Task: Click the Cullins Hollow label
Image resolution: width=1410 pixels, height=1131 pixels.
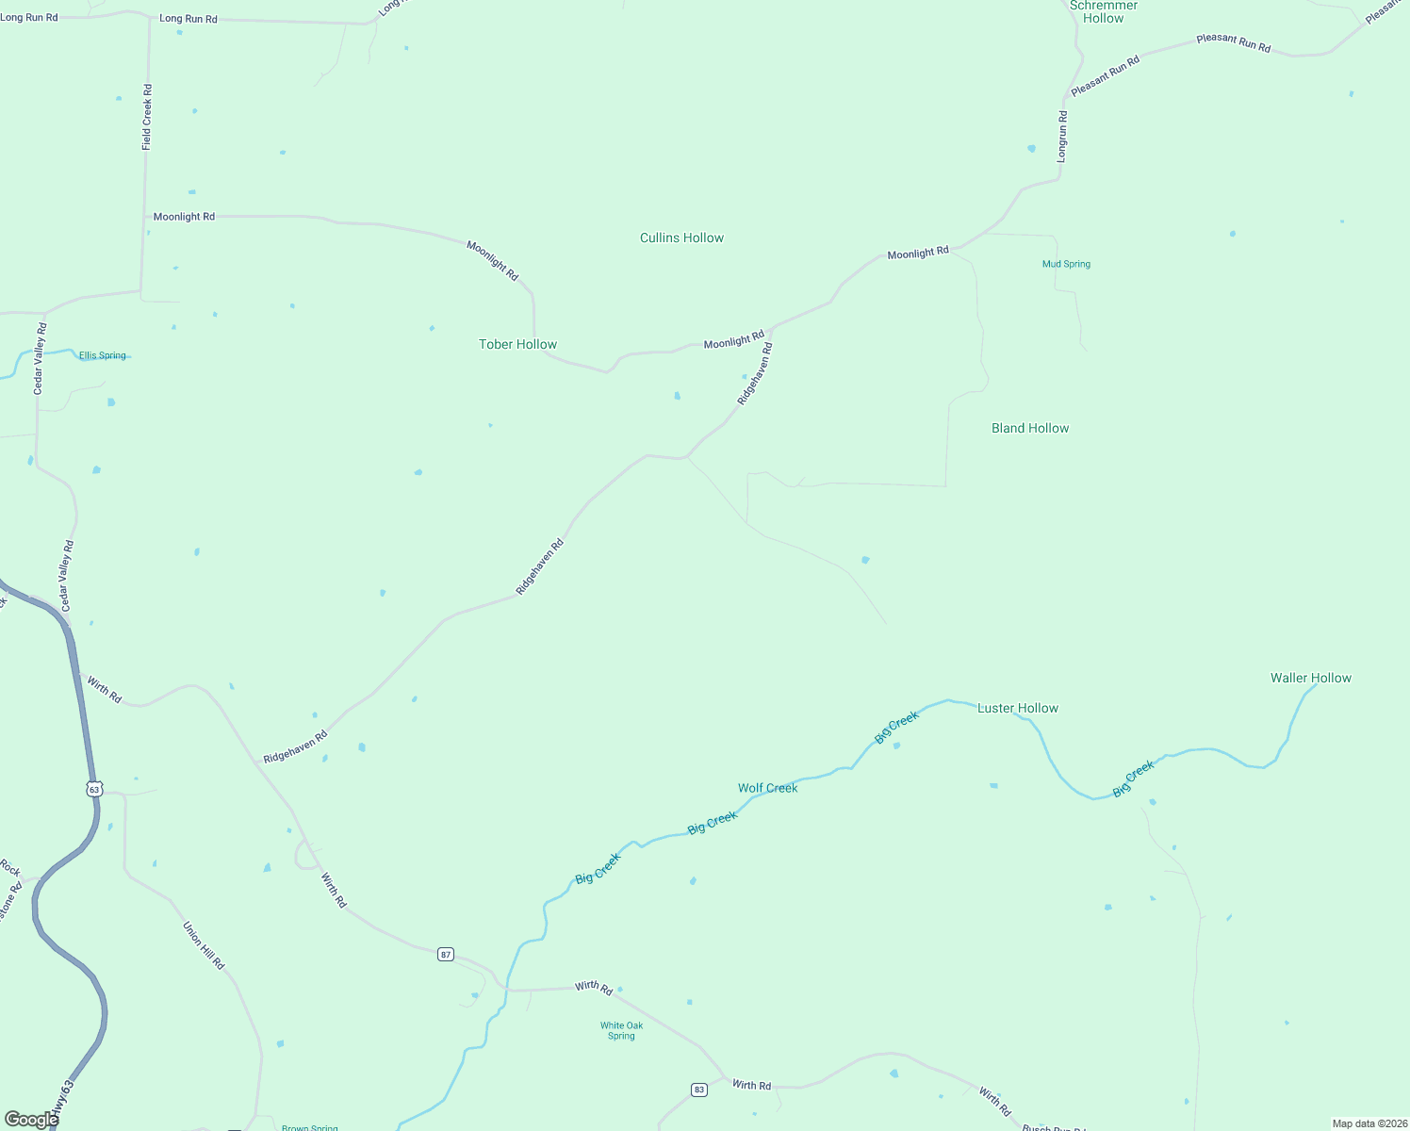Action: (681, 238)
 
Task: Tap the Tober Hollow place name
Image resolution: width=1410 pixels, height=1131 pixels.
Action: (517, 345)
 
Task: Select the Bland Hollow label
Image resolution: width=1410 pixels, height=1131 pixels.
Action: (1030, 429)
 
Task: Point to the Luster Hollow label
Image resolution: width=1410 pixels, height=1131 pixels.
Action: (1018, 709)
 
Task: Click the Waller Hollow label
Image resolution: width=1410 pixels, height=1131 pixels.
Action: (1310, 679)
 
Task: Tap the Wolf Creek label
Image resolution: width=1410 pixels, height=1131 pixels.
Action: (767, 789)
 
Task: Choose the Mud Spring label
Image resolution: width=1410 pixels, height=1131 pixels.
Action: (1066, 265)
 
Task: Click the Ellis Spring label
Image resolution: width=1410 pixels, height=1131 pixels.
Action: (102, 356)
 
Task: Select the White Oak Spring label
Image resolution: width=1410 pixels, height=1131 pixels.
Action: (621, 1031)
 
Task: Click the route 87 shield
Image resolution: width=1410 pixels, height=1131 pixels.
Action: (446, 955)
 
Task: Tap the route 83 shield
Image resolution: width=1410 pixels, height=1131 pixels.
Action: (698, 1090)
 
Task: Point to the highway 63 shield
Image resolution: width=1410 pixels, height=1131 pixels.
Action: (93, 789)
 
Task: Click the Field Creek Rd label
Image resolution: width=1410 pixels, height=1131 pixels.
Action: (147, 117)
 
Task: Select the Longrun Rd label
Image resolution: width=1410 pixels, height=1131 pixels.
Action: (1062, 137)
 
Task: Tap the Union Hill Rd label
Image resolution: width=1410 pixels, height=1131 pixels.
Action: (204, 946)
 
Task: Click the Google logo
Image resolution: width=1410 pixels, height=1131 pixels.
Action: (31, 1120)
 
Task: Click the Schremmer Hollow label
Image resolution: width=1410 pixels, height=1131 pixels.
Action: (1104, 12)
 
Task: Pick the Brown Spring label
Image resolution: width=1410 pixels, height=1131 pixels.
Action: (309, 1127)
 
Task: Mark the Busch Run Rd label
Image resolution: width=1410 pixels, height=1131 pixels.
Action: (1054, 1128)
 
